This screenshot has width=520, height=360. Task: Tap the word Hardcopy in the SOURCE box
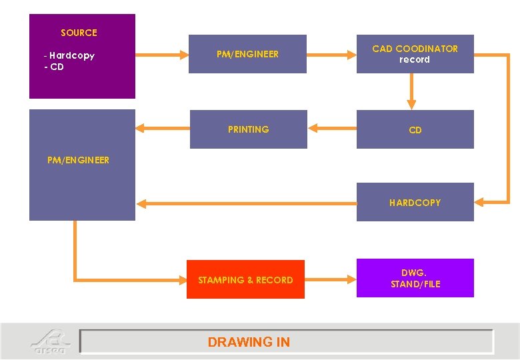click(71, 55)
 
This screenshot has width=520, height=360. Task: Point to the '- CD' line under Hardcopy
click(54, 67)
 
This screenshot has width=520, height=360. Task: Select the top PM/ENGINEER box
click(247, 54)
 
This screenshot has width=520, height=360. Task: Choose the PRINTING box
click(248, 129)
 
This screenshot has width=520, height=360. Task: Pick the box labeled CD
click(415, 130)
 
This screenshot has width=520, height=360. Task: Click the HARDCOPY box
click(415, 202)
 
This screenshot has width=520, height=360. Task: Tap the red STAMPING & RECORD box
click(245, 280)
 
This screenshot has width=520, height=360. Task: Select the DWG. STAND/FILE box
click(415, 278)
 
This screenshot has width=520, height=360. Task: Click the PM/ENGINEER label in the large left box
click(79, 160)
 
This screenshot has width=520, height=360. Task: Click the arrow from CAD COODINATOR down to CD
click(411, 91)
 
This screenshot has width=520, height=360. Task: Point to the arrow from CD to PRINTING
click(331, 129)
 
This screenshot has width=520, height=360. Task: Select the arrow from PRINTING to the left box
click(163, 128)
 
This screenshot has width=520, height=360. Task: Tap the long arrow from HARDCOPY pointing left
click(247, 203)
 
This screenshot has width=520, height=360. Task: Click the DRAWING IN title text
click(249, 342)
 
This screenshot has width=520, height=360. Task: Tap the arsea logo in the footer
click(49, 341)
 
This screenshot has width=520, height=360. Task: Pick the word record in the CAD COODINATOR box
click(415, 59)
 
